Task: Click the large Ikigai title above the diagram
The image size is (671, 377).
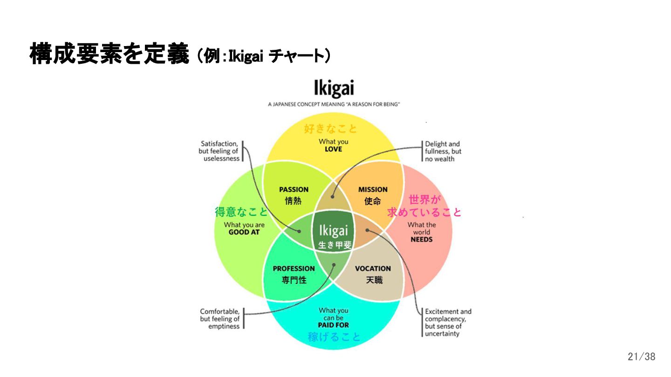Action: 334,89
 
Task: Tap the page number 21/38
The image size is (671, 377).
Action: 641,357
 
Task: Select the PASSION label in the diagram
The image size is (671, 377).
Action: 294,189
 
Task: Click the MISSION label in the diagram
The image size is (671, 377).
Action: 373,189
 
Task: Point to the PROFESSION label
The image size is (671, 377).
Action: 294,269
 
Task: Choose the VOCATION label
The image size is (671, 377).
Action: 373,269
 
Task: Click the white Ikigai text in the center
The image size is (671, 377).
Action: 334,231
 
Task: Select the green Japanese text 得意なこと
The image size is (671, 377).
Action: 241,212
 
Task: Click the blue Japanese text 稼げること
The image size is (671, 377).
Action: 334,337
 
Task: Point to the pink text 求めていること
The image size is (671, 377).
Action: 424,212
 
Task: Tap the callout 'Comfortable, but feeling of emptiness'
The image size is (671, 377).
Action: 220,319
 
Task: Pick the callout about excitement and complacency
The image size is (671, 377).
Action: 448,323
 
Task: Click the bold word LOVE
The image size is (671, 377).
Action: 334,149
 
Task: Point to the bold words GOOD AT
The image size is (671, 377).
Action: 244,232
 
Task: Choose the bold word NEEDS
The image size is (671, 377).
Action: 422,239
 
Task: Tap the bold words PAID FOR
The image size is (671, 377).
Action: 334,325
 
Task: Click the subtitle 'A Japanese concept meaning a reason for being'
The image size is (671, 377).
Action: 334,105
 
